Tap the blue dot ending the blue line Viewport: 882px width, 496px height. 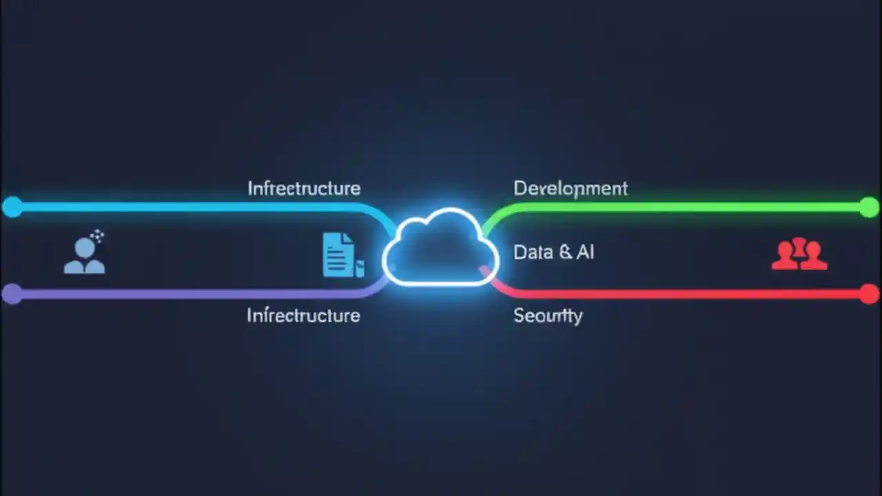(x=12, y=207)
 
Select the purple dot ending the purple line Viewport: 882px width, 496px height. (x=12, y=294)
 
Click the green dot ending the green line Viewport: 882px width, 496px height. (x=870, y=207)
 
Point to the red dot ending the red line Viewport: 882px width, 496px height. (x=870, y=294)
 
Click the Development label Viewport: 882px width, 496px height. (x=571, y=188)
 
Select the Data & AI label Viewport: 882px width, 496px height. (x=553, y=252)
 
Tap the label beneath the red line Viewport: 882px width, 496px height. (x=548, y=316)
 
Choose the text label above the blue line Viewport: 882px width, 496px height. (x=304, y=188)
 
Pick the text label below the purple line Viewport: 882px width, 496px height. (x=303, y=316)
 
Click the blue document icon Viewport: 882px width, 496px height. (x=340, y=254)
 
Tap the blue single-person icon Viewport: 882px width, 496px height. (x=85, y=254)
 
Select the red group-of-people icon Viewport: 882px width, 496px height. (x=799, y=254)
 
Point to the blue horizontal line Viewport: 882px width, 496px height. (x=186, y=207)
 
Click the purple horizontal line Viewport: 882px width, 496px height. (x=186, y=294)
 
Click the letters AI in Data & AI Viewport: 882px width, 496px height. (x=585, y=252)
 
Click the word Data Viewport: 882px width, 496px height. (x=533, y=252)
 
